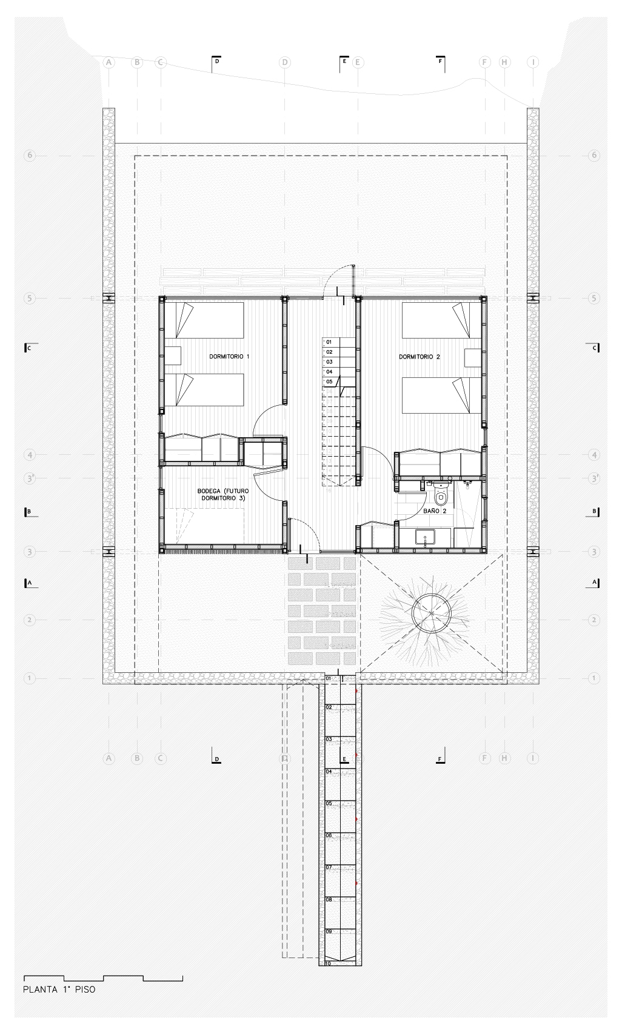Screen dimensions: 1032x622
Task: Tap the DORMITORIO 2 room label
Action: [x=419, y=357]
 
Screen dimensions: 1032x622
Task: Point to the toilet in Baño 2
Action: [x=441, y=496]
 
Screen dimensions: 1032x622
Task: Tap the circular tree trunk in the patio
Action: [x=431, y=612]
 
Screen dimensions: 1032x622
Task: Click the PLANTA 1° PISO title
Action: [x=59, y=990]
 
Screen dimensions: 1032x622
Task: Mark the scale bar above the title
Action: [x=102, y=977]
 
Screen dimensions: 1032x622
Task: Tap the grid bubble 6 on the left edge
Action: [x=28, y=155]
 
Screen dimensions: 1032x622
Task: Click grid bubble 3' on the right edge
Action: [x=594, y=478]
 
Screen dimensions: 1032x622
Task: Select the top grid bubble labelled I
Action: [x=533, y=62]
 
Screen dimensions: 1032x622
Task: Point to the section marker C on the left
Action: [x=28, y=348]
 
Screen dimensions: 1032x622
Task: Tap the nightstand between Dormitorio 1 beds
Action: [x=173, y=356]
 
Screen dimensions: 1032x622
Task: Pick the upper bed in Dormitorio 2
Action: [x=435, y=320]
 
